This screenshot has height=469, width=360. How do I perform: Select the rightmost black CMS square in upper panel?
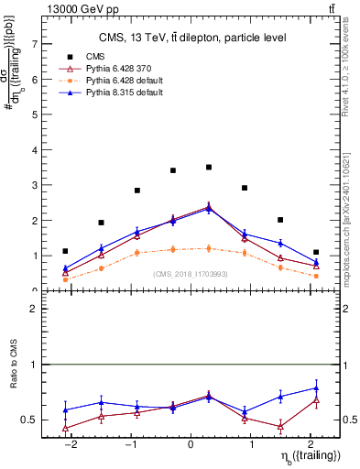(316, 252)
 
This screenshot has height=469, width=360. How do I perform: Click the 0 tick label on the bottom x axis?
(191, 443)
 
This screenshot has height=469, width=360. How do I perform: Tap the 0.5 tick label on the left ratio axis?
(30, 420)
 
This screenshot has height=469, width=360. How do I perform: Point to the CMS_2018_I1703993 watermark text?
(190, 274)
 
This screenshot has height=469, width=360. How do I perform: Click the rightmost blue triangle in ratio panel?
(316, 388)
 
